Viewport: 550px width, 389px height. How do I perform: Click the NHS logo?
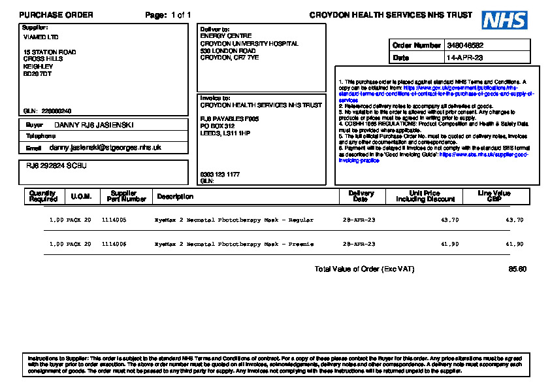click(504, 20)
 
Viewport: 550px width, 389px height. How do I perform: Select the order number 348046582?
click(466, 46)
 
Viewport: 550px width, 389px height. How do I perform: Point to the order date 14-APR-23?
click(464, 58)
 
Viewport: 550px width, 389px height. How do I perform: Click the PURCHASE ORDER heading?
click(56, 15)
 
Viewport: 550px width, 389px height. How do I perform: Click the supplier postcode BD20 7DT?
click(37, 73)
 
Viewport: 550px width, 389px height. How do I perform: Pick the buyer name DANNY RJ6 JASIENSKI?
click(93, 124)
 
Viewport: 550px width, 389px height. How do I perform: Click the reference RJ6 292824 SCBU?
click(52, 166)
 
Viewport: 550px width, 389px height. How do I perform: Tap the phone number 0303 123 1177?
click(219, 175)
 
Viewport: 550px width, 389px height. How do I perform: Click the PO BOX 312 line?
click(218, 126)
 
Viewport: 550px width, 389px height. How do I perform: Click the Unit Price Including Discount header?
click(424, 196)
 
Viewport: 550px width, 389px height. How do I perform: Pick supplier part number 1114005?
click(114, 220)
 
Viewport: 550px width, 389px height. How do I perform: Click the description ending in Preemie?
click(234, 244)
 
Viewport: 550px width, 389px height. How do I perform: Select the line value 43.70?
click(515, 220)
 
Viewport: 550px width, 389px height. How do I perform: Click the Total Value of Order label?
click(364, 269)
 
